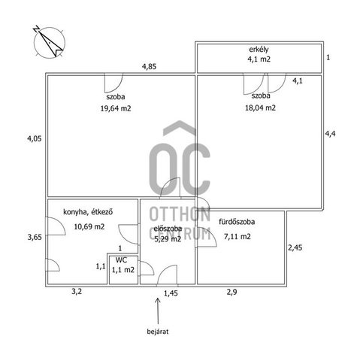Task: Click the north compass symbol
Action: tap(49, 42)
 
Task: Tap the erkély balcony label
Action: tap(259, 50)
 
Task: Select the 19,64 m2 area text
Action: tap(116, 108)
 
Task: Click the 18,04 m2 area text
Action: tap(260, 108)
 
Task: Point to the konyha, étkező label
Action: tap(88, 212)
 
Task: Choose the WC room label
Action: tap(121, 260)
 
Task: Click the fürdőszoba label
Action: tap(237, 222)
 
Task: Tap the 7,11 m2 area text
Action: tap(237, 236)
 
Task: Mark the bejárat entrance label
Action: tap(158, 332)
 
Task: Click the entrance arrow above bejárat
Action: tap(158, 311)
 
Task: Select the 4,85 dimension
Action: tap(149, 66)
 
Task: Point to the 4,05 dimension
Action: tap(35, 138)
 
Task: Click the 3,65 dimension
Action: tap(35, 237)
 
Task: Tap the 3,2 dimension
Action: tap(77, 292)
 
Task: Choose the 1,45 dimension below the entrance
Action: tap(171, 293)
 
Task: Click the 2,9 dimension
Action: tap(231, 292)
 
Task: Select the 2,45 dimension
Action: tap(295, 248)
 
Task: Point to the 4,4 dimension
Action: tap(330, 134)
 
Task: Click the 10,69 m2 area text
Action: tap(89, 226)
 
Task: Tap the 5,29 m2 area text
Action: tap(168, 239)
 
